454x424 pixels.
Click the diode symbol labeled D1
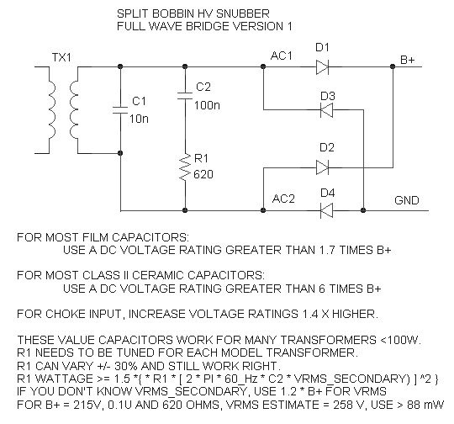pyautogui.click(x=322, y=67)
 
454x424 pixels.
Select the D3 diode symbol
pyautogui.click(x=326, y=110)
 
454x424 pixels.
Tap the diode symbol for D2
pyautogui.click(x=322, y=167)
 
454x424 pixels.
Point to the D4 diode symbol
pyautogui.click(x=326, y=210)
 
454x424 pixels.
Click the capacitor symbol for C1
pyautogui.click(x=120, y=110)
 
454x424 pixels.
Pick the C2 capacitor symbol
pyautogui.click(x=185, y=96)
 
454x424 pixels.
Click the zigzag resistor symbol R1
pyautogui.click(x=185, y=167)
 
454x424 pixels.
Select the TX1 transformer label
pyautogui.click(x=61, y=57)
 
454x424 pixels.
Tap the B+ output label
pyautogui.click(x=408, y=60)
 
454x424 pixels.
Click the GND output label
pyautogui.click(x=407, y=200)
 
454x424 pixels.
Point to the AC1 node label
pyautogui.click(x=282, y=56)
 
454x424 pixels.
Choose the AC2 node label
pyautogui.click(x=283, y=199)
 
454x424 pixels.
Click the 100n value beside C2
pyautogui.click(x=207, y=105)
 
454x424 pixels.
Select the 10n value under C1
pyautogui.click(x=139, y=119)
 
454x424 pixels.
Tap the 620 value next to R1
pyautogui.click(x=203, y=174)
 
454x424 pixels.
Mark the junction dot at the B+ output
pyautogui.click(x=393, y=66)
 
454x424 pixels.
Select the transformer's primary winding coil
pyautogui.click(x=50, y=110)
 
